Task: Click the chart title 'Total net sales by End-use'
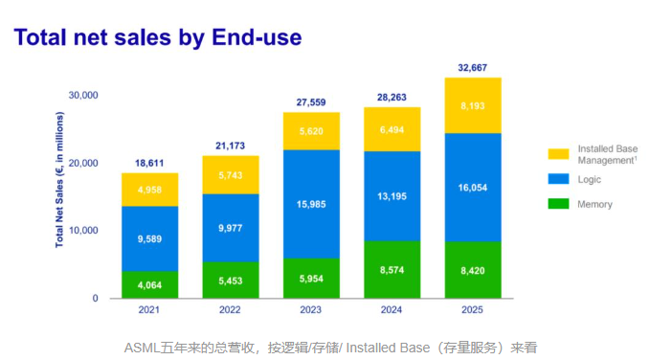(x=157, y=37)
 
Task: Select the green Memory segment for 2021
(x=149, y=284)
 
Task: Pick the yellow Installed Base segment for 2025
(x=473, y=105)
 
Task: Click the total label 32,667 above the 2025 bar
(x=473, y=68)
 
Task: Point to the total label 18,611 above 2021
(x=149, y=165)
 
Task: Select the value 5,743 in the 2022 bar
(x=231, y=177)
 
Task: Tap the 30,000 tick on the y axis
(x=83, y=95)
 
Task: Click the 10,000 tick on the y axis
(x=83, y=231)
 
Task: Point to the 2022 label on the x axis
(x=231, y=310)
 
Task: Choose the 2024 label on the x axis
(x=392, y=310)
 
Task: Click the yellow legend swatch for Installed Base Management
(x=558, y=154)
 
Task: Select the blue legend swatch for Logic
(x=558, y=179)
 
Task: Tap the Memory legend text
(x=594, y=204)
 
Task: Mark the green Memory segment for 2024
(x=392, y=269)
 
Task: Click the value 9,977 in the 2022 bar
(x=231, y=227)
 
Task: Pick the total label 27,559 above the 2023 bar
(x=312, y=101)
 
